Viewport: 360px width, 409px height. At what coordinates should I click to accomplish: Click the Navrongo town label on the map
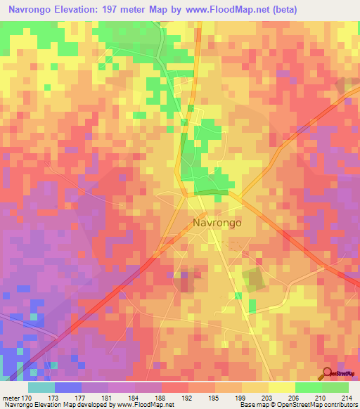coord(217,223)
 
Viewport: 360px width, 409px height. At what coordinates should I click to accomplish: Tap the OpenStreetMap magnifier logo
coord(326,374)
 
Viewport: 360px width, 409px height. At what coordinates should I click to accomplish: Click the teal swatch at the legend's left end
coord(41,387)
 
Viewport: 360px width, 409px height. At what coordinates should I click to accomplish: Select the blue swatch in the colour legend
coord(68,387)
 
